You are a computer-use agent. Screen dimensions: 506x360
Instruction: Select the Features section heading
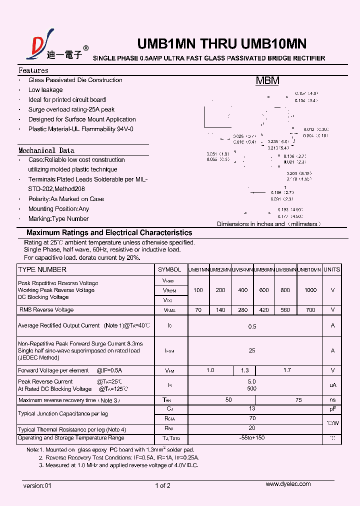33,70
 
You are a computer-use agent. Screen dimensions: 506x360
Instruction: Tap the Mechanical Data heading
46,150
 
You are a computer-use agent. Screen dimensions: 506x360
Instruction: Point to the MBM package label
267,81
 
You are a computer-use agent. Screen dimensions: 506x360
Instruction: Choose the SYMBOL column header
169,269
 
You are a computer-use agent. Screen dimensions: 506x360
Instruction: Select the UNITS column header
332,269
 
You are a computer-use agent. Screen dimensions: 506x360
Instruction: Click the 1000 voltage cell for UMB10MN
310,290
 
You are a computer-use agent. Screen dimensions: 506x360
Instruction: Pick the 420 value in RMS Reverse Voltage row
264,310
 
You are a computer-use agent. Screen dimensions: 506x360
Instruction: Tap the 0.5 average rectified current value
252,326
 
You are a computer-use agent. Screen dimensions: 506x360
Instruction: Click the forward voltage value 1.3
244,370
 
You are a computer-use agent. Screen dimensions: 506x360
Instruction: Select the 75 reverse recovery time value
298,400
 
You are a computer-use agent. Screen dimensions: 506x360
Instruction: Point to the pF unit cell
332,408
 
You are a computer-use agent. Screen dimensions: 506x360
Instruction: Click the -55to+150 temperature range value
252,438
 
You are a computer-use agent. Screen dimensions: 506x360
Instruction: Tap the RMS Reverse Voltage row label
46,310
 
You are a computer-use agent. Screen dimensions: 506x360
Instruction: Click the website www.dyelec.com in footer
288,484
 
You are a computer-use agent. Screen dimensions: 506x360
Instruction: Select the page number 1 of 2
163,485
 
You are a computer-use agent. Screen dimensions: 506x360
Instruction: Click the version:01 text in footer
37,485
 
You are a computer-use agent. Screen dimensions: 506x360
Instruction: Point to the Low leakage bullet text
45,90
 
